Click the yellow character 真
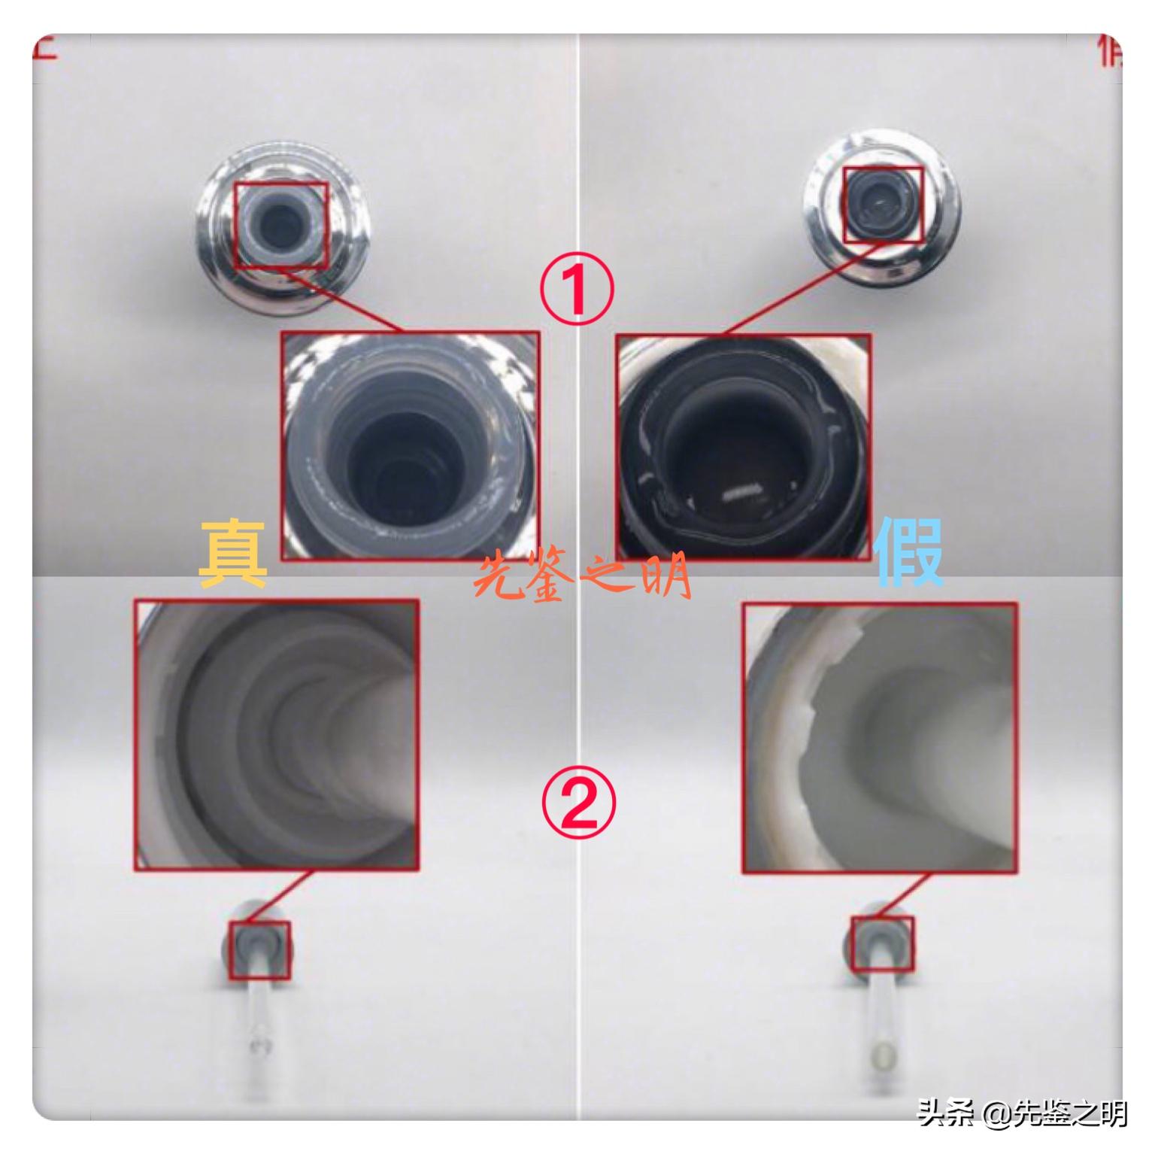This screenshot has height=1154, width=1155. pyautogui.click(x=233, y=555)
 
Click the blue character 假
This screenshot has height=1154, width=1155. pyautogui.click(x=909, y=554)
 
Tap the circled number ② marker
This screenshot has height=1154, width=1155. pyautogui.click(x=578, y=802)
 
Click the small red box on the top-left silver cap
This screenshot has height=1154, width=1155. pyautogui.click(x=281, y=226)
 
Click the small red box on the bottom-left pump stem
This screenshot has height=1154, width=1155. pyautogui.click(x=260, y=950)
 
